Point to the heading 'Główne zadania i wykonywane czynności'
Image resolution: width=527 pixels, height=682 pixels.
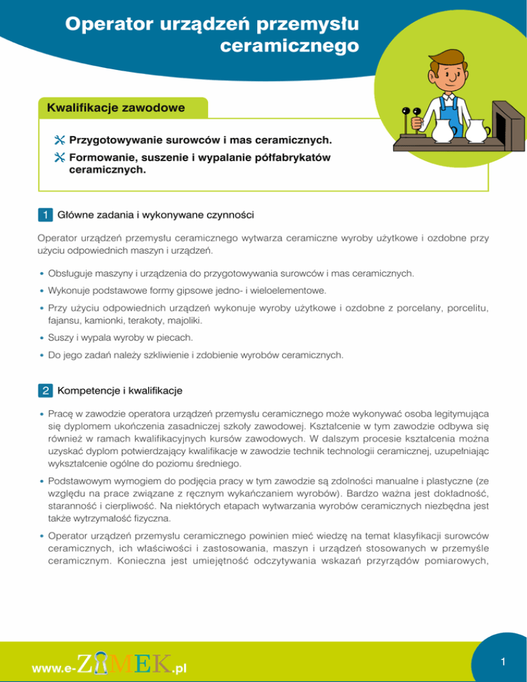coord(157,215)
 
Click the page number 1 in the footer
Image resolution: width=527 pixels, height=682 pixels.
coord(503,661)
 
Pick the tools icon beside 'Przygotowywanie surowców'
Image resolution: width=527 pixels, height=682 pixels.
coord(59,140)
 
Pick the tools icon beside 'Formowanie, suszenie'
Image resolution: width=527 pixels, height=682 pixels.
coord(59,158)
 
